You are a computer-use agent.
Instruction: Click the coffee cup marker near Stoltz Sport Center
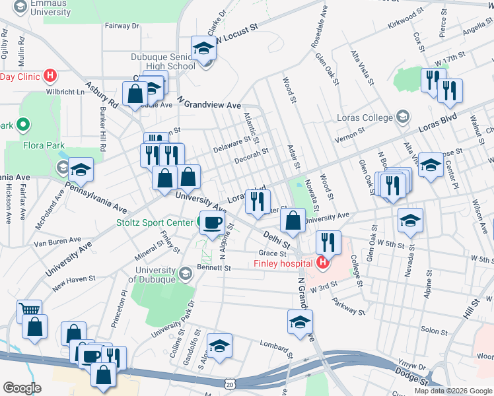point(212,222)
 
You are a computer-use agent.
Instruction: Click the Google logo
point(22,387)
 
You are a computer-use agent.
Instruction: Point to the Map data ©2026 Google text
point(452,391)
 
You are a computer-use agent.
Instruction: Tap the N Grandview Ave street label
point(209,102)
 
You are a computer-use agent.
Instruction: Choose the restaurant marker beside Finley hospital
point(328,242)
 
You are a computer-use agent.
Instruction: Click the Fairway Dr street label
point(122,26)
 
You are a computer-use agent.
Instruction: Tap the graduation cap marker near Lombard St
point(219,346)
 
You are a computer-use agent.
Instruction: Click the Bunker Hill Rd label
point(102,129)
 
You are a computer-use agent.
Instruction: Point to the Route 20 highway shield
point(229,383)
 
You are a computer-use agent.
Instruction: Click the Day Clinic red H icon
point(49,76)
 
